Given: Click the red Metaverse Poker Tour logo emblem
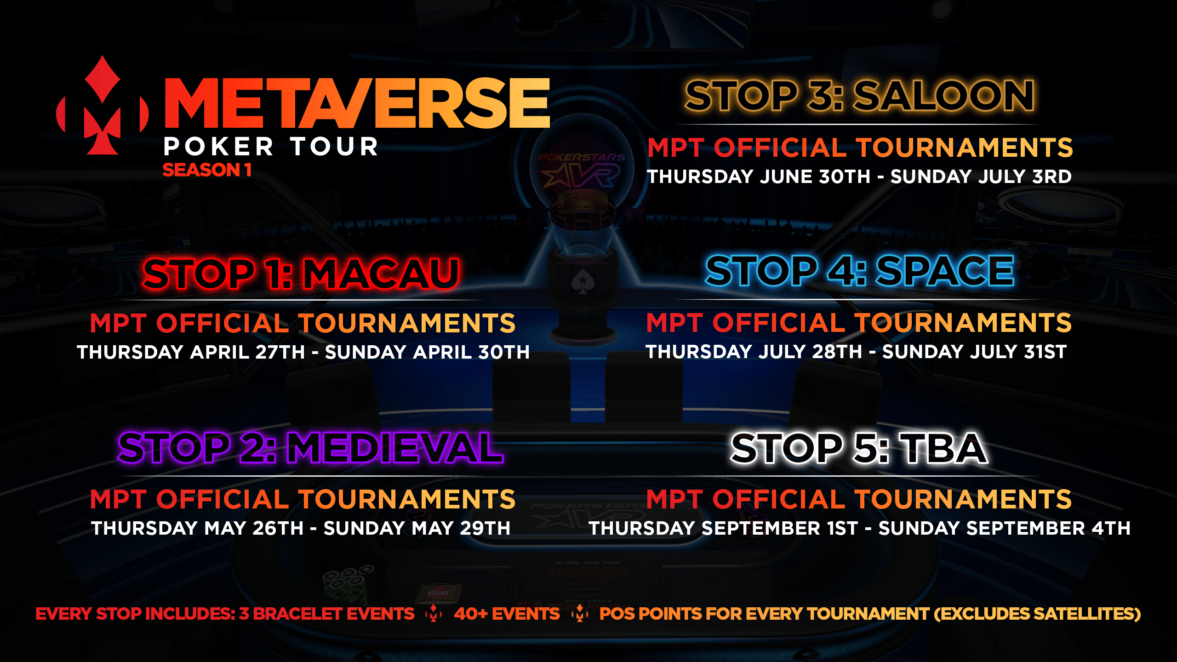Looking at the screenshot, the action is [x=103, y=106].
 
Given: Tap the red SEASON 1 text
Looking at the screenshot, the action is [x=207, y=170].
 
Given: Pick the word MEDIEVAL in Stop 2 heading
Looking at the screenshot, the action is [x=395, y=448].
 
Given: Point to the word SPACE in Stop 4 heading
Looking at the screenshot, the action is [x=945, y=271].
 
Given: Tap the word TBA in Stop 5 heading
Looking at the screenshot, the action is [x=945, y=448].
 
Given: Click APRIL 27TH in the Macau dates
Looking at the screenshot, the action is [x=247, y=352].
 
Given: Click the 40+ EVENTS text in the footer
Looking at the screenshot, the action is [x=507, y=614].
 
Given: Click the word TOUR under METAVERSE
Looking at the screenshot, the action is [x=334, y=147].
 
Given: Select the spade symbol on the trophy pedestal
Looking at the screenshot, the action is [x=583, y=281].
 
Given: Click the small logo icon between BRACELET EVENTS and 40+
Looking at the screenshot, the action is [x=434, y=613].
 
